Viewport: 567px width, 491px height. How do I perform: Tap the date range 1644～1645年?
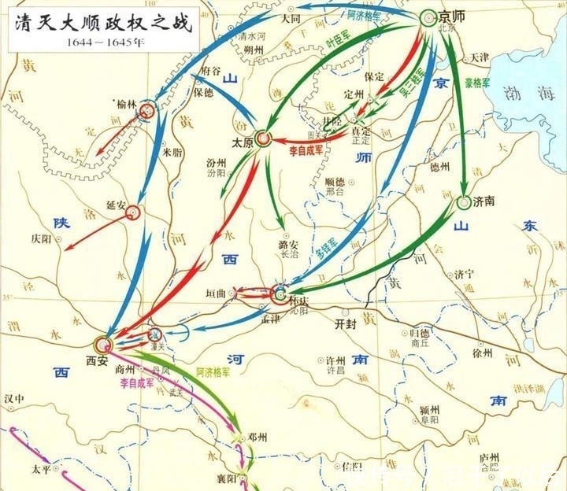click(100, 41)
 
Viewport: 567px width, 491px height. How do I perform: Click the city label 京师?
click(455, 16)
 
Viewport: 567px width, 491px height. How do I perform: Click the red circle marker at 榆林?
click(147, 113)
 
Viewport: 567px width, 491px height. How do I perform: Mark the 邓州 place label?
click(258, 437)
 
